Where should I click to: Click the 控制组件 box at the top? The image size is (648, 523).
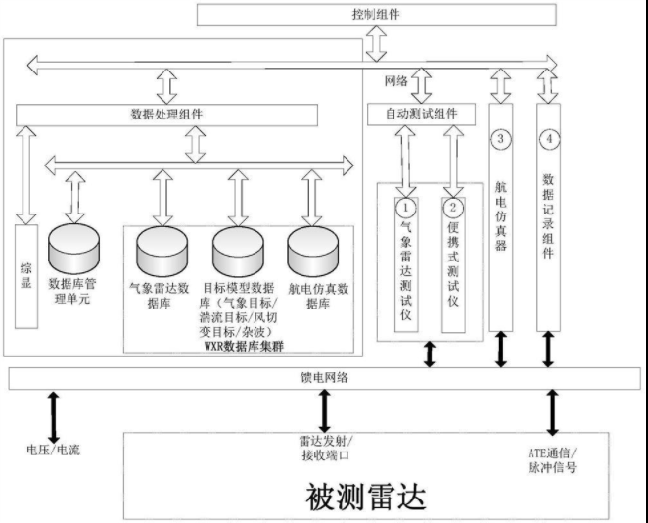[375, 15]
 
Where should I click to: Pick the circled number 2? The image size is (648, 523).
[453, 207]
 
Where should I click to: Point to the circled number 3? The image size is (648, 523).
[501, 139]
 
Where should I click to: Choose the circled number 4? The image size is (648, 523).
[551, 139]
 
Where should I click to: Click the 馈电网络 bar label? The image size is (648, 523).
[322, 377]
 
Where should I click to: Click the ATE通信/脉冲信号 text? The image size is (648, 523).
[551, 458]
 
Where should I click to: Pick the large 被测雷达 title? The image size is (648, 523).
[367, 498]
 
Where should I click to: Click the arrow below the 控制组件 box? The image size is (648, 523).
[375, 42]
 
